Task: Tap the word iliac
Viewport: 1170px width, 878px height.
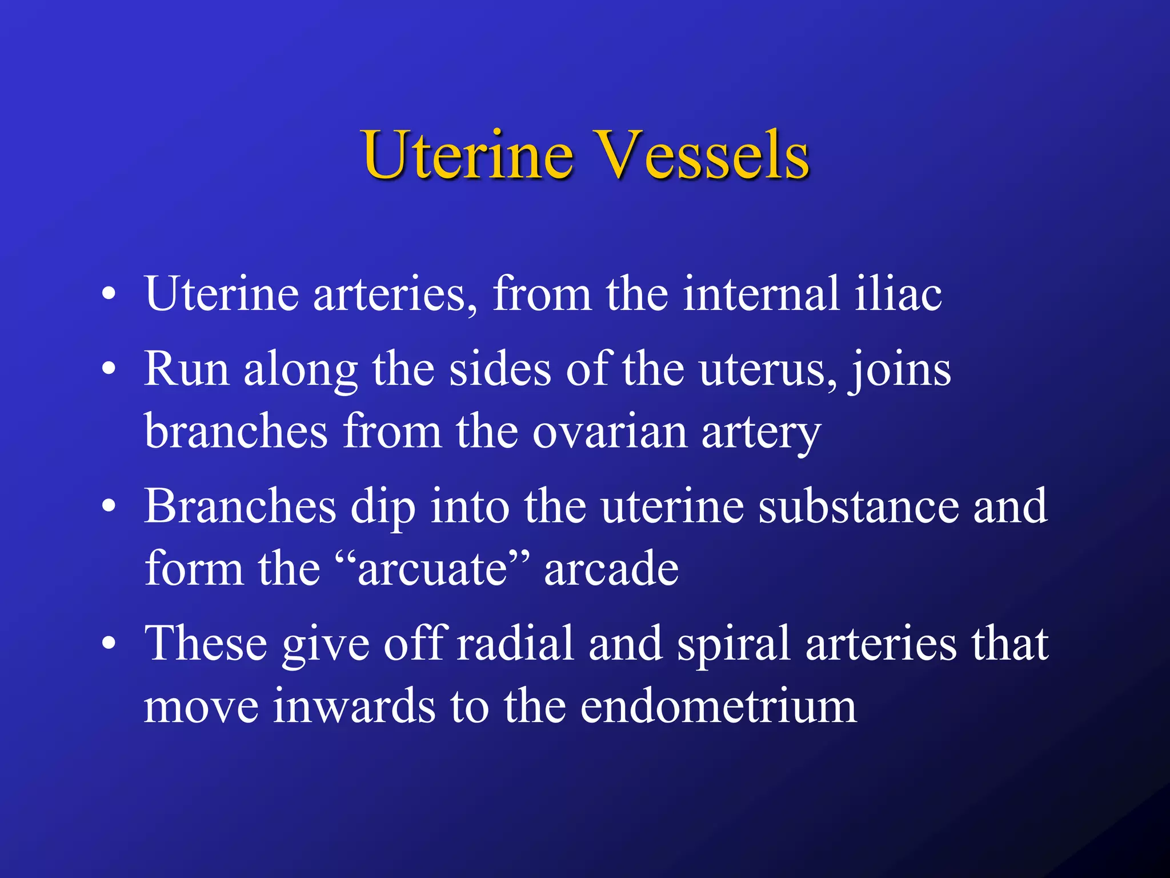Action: tap(898, 294)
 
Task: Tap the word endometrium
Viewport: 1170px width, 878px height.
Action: tap(718, 707)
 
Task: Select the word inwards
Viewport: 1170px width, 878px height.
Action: tap(354, 707)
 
